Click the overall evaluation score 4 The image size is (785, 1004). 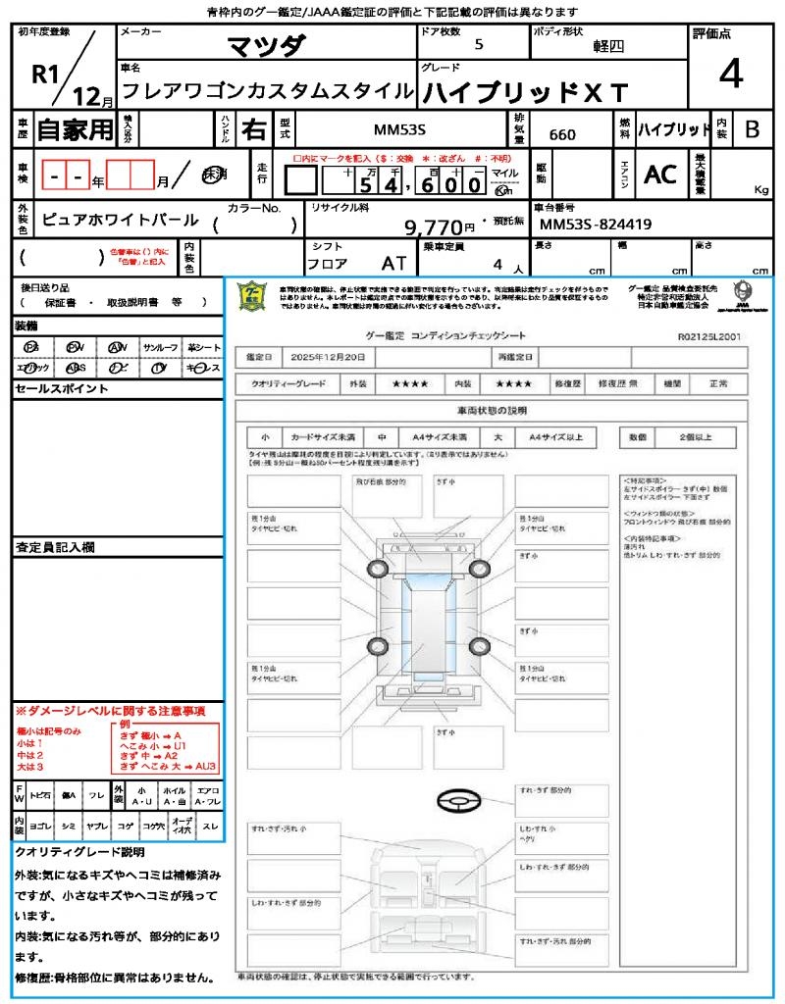coord(730,75)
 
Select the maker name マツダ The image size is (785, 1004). coord(266,46)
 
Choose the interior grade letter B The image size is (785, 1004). coord(752,129)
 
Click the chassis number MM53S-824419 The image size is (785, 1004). coord(596,225)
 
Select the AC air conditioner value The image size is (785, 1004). coord(660,175)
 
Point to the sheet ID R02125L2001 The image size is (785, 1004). coord(709,335)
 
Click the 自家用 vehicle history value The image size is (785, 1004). coord(76,129)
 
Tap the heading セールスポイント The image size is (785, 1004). coord(62,389)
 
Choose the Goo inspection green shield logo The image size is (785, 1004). coord(253,295)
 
